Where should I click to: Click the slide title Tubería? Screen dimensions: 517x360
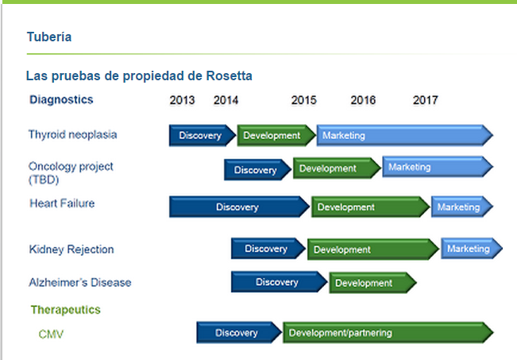tap(49, 37)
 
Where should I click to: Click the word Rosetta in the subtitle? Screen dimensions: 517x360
tap(230, 75)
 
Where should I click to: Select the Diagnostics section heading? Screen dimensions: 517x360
tap(61, 99)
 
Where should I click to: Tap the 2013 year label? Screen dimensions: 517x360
tap(182, 100)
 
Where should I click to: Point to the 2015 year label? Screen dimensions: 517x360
tap(303, 100)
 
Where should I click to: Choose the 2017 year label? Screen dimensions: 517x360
tap(426, 100)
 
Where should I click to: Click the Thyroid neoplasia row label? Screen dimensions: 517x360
tap(72, 134)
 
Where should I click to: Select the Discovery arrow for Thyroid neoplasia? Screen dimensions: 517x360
tap(203, 135)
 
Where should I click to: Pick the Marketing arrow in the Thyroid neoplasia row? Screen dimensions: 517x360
tap(405, 135)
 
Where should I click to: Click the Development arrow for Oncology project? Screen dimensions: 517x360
tap(337, 168)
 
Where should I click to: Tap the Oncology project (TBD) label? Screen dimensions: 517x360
tap(71, 173)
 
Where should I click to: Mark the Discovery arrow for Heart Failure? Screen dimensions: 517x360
tap(239, 207)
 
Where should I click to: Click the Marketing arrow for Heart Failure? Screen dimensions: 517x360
tap(462, 207)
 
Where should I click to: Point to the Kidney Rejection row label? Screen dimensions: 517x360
tap(71, 249)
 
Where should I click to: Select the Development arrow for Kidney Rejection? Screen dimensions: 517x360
tap(373, 250)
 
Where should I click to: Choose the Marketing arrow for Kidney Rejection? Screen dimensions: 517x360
tap(472, 248)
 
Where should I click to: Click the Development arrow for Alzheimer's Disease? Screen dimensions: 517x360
tap(373, 283)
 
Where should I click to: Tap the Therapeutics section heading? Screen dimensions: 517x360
tap(66, 310)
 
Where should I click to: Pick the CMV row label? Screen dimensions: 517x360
tap(51, 335)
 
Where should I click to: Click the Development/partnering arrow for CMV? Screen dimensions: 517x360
tap(388, 333)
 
